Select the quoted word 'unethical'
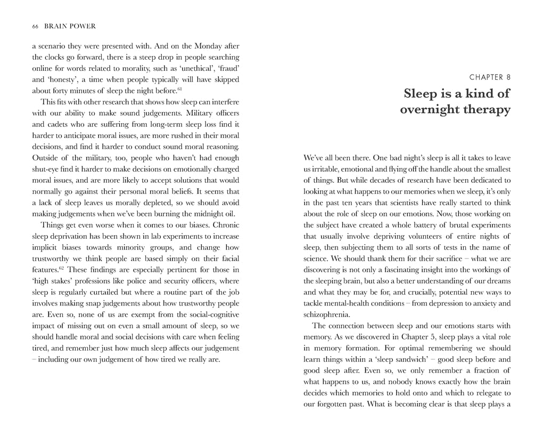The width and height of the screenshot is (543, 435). click(184, 68)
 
